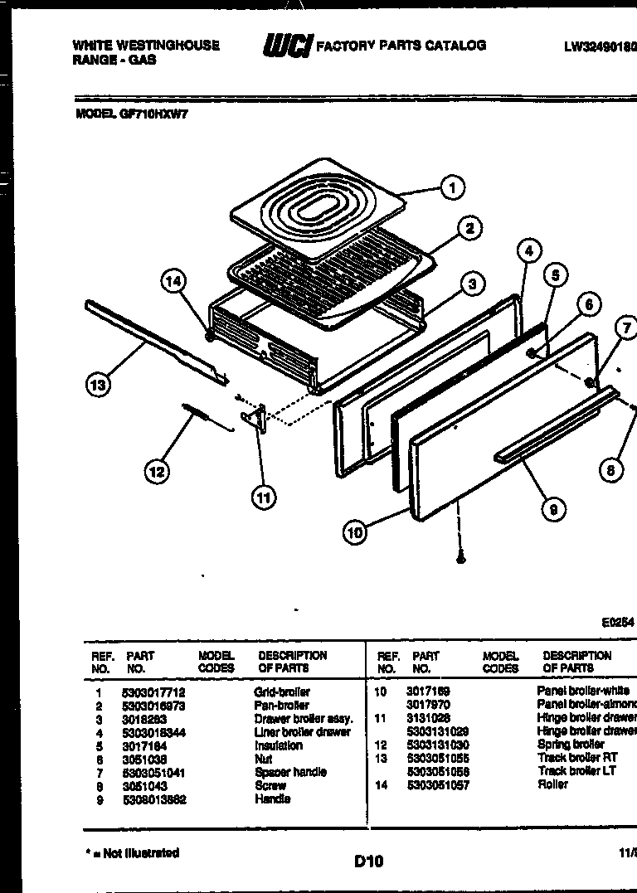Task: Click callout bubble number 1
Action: [x=451, y=188]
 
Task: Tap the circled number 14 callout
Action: [x=173, y=281]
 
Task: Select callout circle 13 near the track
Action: [x=98, y=384]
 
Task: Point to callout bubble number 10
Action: [x=355, y=532]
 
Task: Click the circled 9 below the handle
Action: [x=552, y=510]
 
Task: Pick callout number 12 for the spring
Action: [x=156, y=472]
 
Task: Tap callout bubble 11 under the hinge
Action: [x=263, y=497]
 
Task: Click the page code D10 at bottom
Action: [x=368, y=861]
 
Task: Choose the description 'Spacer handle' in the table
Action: [x=290, y=772]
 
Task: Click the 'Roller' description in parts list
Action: [x=552, y=784]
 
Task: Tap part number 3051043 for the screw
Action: [x=144, y=785]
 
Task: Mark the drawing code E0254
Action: [x=617, y=621]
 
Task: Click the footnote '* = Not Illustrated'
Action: [x=132, y=852]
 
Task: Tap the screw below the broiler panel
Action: [x=461, y=559]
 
